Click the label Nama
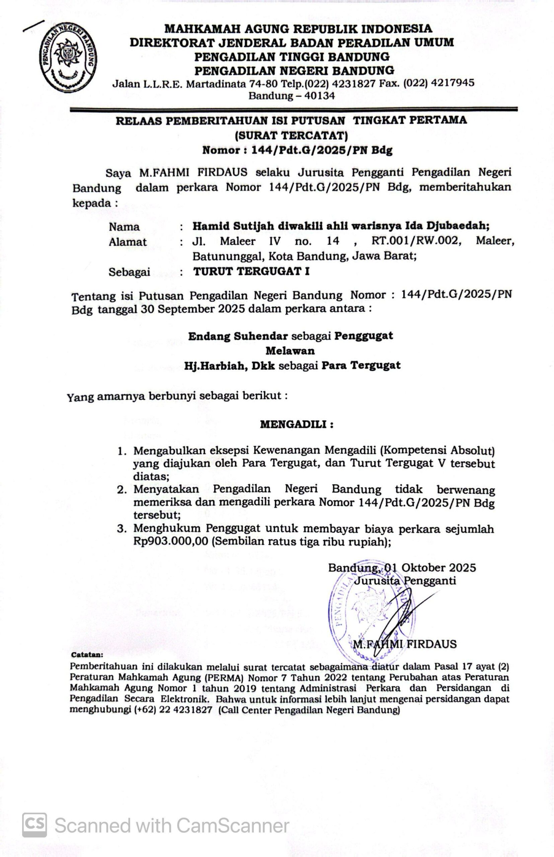pos(124,227)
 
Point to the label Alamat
pos(128,242)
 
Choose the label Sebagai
pos(129,272)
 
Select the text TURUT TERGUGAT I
pos(251,271)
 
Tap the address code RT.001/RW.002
pos(416,240)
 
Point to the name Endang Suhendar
pos(238,336)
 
